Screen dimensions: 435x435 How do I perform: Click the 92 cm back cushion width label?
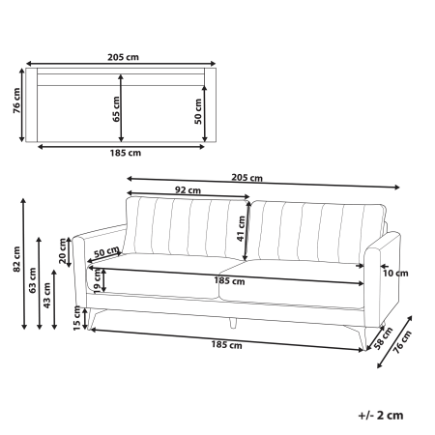point(188,189)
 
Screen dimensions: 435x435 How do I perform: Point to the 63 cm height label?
point(31,283)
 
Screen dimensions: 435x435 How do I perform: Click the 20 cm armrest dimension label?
point(64,250)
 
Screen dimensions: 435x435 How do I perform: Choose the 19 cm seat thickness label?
point(98,280)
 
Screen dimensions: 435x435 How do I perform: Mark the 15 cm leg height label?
point(78,315)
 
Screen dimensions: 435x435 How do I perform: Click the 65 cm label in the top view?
point(118,107)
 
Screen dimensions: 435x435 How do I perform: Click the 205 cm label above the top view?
point(121,55)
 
